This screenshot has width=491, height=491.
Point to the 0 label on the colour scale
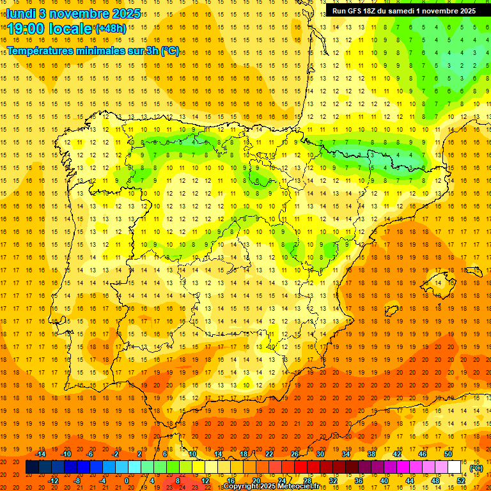[127, 481]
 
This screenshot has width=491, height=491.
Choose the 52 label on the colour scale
[461, 481]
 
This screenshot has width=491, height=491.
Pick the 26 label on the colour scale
[295, 454]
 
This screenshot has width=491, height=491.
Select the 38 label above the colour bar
[371, 454]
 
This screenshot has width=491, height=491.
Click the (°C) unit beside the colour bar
[476, 468]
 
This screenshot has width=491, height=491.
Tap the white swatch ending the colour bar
[455, 467]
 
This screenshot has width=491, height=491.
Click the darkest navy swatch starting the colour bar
[32, 467]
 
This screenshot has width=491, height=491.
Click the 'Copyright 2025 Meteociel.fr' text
[273, 487]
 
